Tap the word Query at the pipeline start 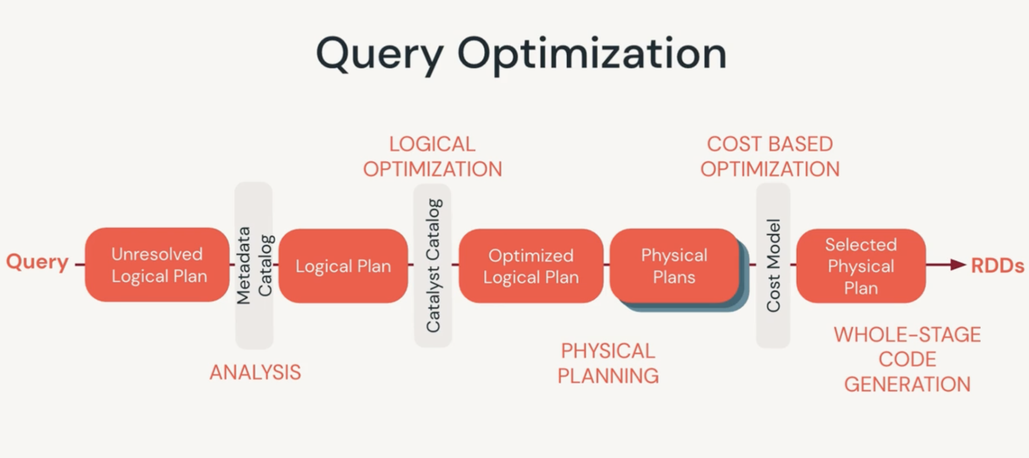pos(38,262)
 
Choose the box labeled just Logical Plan pos(343,266)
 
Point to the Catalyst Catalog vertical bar pos(433,265)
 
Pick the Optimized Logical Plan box pos(530,266)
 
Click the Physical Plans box pos(674,266)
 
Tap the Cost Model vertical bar pos(773,265)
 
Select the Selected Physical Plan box pos(861,266)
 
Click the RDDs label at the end pos(997,266)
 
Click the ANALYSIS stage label pos(255,373)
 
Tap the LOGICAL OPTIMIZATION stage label pos(432,156)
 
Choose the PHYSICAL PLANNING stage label pos(608,363)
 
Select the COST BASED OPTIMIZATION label pos(770,156)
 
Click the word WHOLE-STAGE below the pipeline pos(907,334)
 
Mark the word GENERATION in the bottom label pos(907,385)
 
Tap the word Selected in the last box pos(861,245)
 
